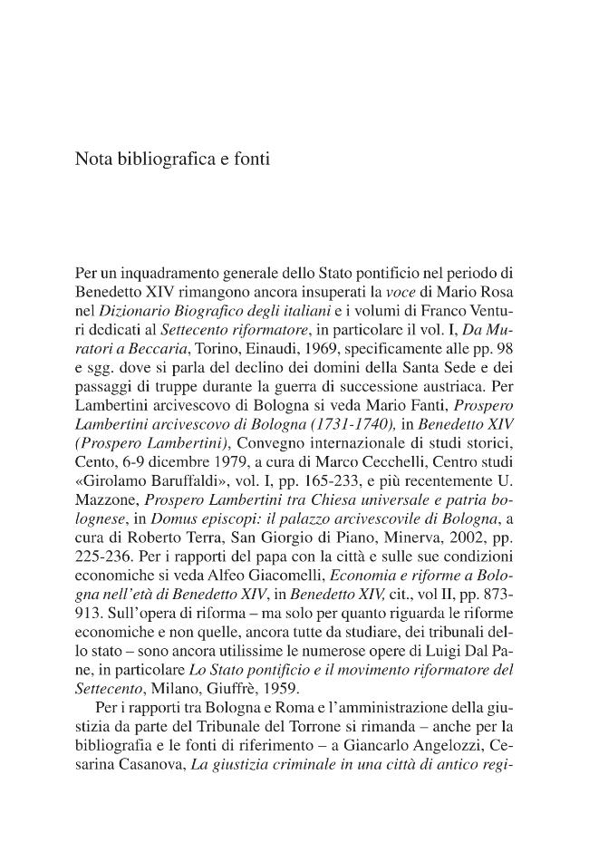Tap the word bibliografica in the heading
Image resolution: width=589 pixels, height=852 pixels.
pos(165,159)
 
